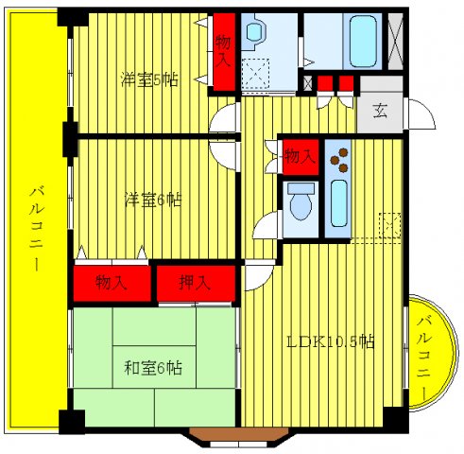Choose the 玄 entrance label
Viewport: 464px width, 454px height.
(x=379, y=111)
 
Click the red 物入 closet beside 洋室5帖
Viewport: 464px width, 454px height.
(x=223, y=52)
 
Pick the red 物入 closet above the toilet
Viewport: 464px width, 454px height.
(x=300, y=154)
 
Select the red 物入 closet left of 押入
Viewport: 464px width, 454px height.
(x=112, y=281)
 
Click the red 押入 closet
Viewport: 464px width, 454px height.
(x=195, y=281)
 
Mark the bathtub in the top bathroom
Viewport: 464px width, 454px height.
(x=361, y=40)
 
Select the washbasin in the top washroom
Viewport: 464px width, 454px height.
(x=255, y=36)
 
